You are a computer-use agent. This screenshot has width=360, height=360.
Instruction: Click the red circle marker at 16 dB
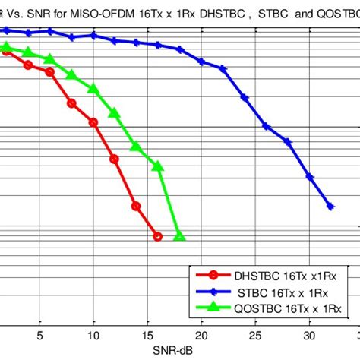pyautogui.click(x=157, y=236)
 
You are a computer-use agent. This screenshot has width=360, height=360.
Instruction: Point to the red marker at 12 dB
pyautogui.click(x=115, y=159)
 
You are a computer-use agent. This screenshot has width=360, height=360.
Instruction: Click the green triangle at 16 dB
pyautogui.click(x=158, y=166)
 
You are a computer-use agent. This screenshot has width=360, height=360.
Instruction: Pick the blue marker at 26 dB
pyautogui.click(x=266, y=125)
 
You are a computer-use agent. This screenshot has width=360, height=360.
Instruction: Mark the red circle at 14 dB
pyautogui.click(x=136, y=206)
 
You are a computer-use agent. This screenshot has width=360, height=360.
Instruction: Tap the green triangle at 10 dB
pyautogui.click(x=93, y=89)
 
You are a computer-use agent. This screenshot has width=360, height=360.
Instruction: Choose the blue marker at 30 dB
pyautogui.click(x=309, y=176)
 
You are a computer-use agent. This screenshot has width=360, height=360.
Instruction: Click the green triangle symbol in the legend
pyautogui.click(x=213, y=307)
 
